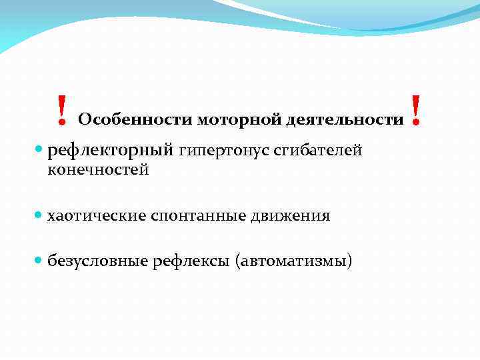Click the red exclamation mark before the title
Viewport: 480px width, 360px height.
point(61,111)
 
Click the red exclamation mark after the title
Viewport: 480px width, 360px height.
point(417,111)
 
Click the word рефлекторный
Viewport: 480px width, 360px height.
point(111,151)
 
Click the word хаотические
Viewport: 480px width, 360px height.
point(97,216)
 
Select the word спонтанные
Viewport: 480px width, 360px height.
point(199,216)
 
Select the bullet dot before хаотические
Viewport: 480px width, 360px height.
point(39,216)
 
